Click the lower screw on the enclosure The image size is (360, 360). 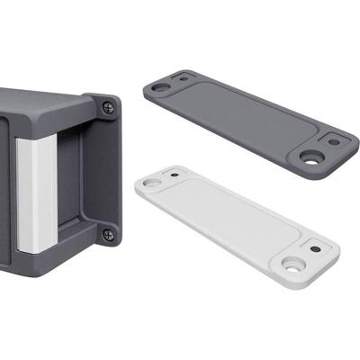point(108,234)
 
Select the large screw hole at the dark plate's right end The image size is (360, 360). point(312,157)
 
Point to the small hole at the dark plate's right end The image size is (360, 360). point(334,140)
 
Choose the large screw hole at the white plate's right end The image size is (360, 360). point(293,265)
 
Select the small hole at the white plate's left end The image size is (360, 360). point(174,174)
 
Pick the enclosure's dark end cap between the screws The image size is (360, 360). point(103,171)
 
